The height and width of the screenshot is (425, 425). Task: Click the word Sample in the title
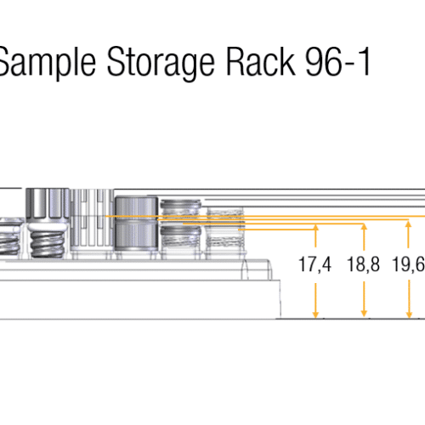[x=47, y=62]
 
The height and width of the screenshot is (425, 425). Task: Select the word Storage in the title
[x=161, y=63]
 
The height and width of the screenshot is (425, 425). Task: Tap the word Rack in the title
[x=261, y=61]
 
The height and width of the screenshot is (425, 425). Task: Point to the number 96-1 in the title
[x=338, y=62]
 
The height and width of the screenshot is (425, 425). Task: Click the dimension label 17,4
[x=315, y=264]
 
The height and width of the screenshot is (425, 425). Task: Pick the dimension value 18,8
[x=363, y=264]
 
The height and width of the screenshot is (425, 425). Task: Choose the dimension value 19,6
[x=408, y=264]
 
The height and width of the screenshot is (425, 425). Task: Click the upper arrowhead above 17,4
[x=315, y=228]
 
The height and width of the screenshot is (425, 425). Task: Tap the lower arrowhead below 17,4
[x=315, y=314]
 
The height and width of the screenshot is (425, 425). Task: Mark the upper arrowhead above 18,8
[x=365, y=227]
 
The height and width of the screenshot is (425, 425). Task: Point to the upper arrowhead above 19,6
[x=408, y=224]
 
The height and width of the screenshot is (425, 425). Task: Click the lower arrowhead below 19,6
[x=409, y=314]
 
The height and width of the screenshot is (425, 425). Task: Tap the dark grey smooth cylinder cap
[x=136, y=224]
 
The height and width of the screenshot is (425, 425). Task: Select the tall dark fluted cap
[x=48, y=207]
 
